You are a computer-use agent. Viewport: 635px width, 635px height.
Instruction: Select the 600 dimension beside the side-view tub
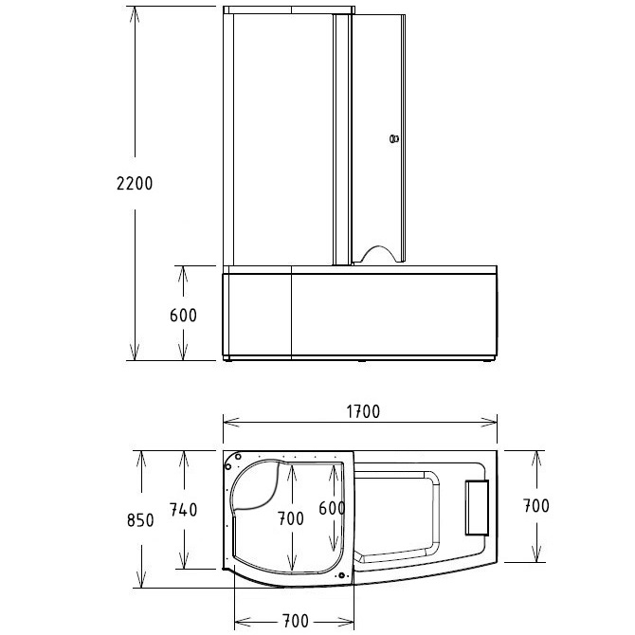[183, 316]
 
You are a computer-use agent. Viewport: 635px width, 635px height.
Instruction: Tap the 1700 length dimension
[361, 411]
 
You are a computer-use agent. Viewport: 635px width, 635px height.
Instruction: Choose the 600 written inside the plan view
[332, 509]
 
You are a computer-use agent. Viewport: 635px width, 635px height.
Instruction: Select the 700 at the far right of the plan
[535, 506]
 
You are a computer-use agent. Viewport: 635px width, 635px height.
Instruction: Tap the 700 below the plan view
[295, 621]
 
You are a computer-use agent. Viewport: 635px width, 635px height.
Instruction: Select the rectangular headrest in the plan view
[476, 509]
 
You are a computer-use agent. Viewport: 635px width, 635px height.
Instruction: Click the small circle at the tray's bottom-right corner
[339, 571]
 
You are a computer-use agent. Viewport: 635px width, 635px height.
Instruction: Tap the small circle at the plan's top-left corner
[232, 465]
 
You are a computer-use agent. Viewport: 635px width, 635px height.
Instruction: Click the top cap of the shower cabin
[289, 10]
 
